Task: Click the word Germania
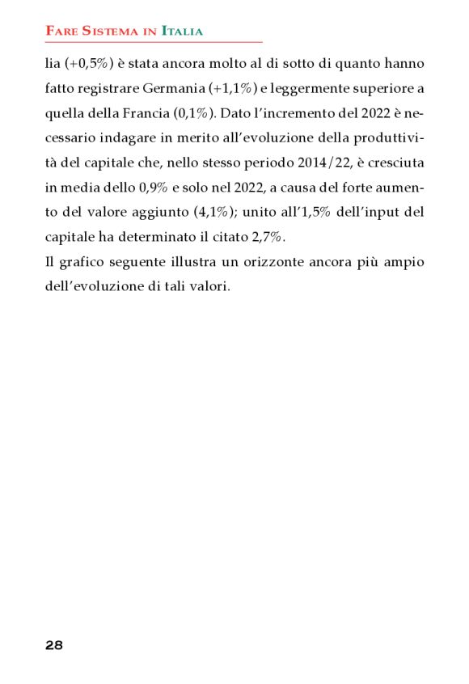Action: point(176,87)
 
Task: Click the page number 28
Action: point(54,645)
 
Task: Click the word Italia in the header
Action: point(182,32)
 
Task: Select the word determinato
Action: point(144,238)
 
